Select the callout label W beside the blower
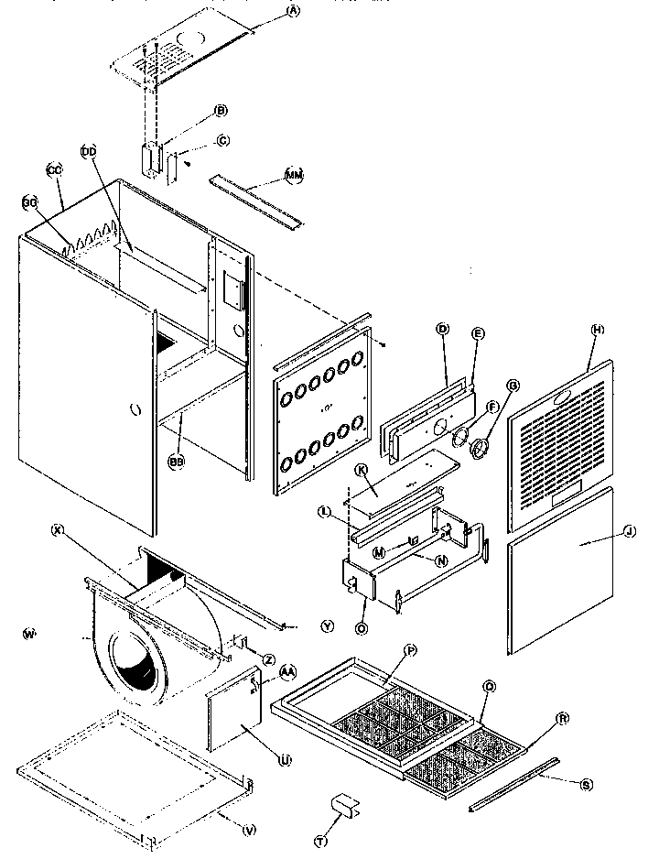pyautogui.click(x=28, y=633)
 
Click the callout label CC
pyautogui.click(x=53, y=170)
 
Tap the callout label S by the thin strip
pyautogui.click(x=587, y=784)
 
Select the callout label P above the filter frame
pyautogui.click(x=410, y=649)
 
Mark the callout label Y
pyautogui.click(x=327, y=625)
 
